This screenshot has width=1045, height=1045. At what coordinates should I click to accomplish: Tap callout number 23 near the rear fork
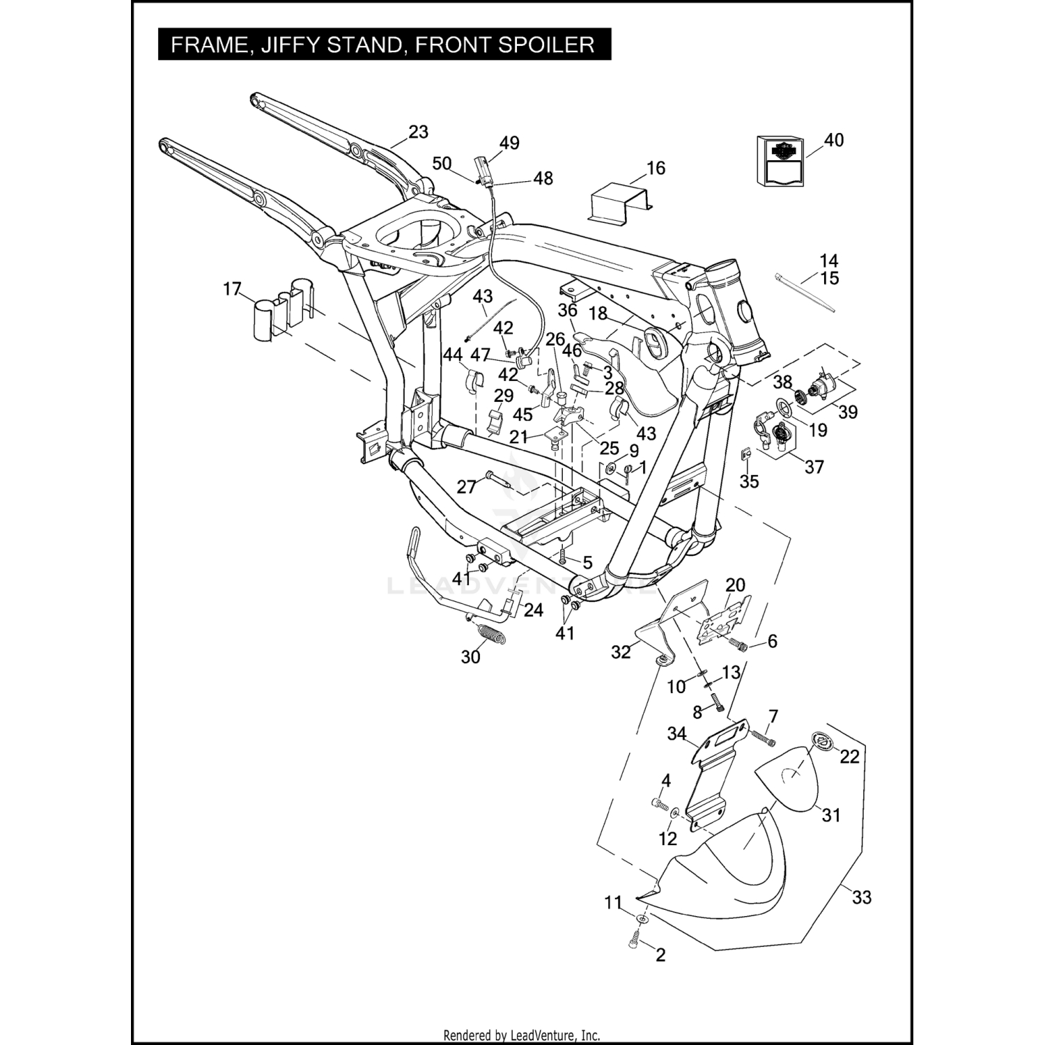[x=418, y=132]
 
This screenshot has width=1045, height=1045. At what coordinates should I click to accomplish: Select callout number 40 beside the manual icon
[x=833, y=140]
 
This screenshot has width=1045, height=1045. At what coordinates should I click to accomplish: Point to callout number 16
[x=656, y=168]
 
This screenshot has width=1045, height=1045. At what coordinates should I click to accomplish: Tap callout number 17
[x=232, y=288]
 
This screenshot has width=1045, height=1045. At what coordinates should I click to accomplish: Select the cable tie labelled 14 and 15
[x=805, y=293]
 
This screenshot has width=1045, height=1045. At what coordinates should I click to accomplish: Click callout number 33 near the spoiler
[x=862, y=897]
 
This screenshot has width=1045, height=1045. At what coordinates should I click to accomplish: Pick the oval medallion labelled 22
[x=819, y=741]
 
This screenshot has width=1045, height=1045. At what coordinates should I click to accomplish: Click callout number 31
[x=831, y=814]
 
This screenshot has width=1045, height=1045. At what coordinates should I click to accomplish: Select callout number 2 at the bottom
[x=660, y=954]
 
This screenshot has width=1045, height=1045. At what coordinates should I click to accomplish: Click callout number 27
[x=466, y=486]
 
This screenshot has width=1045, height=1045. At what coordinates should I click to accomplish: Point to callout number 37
[x=814, y=467]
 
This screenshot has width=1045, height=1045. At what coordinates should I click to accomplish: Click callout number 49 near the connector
[x=509, y=143]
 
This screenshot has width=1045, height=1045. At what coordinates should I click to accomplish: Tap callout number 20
[x=735, y=585]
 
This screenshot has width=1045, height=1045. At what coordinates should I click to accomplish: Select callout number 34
[x=676, y=734]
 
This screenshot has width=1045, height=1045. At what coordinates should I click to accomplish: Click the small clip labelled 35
[x=745, y=456]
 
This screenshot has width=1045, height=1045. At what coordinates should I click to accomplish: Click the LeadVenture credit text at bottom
[x=522, y=1035]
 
